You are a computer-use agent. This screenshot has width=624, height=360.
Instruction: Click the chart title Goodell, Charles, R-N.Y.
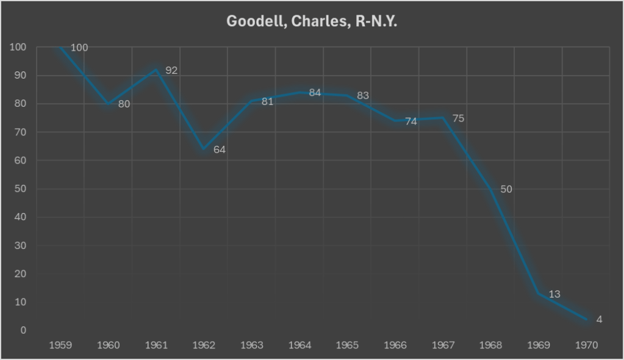(312, 21)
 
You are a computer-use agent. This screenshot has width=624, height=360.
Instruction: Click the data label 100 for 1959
(79, 48)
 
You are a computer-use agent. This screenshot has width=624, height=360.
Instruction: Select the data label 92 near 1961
(171, 71)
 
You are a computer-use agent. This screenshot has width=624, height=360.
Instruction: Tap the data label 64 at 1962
(220, 149)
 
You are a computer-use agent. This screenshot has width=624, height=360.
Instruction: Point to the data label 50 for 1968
(506, 189)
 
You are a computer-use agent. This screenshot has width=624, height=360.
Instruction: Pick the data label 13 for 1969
(554, 295)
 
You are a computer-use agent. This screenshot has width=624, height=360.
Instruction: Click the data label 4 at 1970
(599, 319)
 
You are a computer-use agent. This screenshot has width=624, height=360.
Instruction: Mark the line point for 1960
(109, 104)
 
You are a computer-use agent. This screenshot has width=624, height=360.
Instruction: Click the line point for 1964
(299, 93)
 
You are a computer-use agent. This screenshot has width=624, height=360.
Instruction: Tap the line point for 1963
(252, 101)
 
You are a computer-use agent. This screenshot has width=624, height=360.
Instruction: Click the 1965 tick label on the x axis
(348, 345)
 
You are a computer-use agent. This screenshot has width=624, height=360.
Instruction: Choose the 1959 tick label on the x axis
(60, 345)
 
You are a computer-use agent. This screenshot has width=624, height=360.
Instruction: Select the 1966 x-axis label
(395, 345)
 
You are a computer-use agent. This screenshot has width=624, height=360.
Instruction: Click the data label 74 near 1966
(411, 121)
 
